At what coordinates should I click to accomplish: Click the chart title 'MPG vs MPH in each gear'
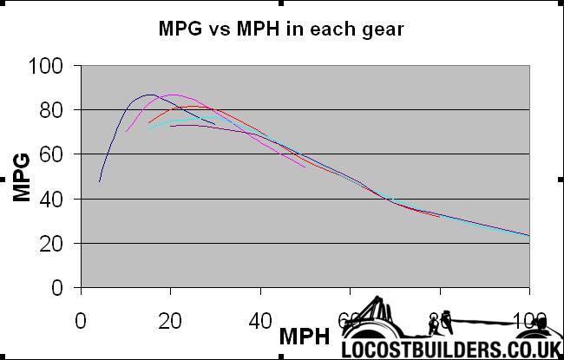click(281, 29)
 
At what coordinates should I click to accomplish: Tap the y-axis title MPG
click(23, 177)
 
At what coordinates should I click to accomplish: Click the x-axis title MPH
click(304, 336)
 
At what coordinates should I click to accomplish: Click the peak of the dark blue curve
click(148, 95)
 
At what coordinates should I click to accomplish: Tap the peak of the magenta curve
click(175, 95)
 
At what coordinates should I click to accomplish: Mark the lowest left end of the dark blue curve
click(100, 181)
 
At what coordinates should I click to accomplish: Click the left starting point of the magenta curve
click(126, 132)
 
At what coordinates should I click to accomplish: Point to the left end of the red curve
click(148, 122)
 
